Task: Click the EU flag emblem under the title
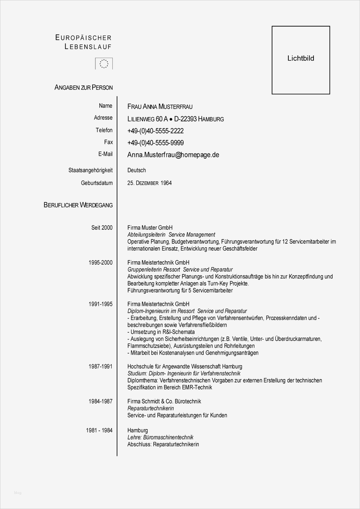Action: click(x=104, y=64)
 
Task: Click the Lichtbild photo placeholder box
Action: click(x=301, y=60)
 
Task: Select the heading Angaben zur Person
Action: click(x=84, y=87)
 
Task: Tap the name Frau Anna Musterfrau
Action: click(x=160, y=107)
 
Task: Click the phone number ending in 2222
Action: click(x=156, y=131)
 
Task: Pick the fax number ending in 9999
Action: click(x=156, y=143)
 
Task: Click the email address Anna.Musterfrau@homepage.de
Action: click(x=173, y=155)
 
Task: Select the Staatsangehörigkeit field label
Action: click(x=90, y=170)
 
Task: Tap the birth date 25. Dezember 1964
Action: click(x=149, y=183)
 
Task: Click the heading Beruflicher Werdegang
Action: click(x=78, y=205)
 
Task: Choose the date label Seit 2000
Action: click(x=102, y=228)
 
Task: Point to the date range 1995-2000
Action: click(x=100, y=262)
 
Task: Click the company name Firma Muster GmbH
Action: click(x=150, y=228)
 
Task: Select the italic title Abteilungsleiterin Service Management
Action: click(x=171, y=235)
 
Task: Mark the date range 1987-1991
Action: click(x=100, y=366)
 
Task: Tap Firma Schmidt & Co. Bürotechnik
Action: click(x=164, y=401)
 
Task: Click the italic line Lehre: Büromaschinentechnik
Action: click(x=160, y=437)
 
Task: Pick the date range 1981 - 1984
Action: click(x=99, y=430)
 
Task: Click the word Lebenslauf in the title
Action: click(x=88, y=46)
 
